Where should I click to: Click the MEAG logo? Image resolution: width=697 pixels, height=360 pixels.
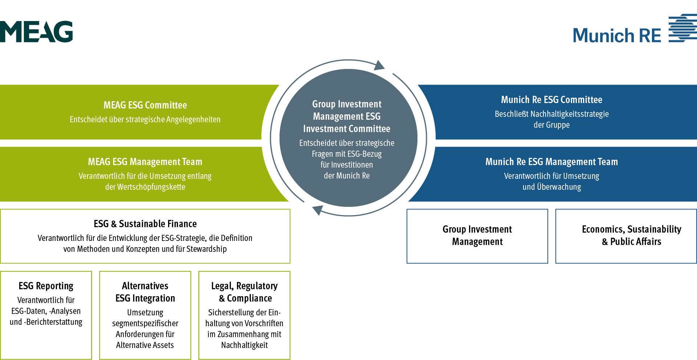coord(36,32)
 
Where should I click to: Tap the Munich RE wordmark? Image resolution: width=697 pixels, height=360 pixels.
coord(617,36)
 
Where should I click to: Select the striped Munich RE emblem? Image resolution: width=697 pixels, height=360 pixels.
coord(682,28)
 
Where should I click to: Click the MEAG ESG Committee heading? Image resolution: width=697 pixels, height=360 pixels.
coord(145,105)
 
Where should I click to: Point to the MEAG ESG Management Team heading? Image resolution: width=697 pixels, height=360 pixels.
coord(145,162)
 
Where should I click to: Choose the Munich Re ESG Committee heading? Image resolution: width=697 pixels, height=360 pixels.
coord(551,100)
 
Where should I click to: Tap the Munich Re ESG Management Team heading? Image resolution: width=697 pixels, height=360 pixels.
coord(551,162)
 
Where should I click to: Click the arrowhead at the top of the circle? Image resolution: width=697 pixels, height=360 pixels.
coord(379,66)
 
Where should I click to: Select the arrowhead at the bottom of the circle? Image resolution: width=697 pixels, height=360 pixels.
coord(318,210)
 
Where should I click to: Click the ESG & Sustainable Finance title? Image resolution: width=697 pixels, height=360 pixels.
coord(145,224)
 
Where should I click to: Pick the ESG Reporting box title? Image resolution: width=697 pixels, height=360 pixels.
coord(46,286)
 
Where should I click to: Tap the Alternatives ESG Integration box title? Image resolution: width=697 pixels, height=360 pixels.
coord(145,292)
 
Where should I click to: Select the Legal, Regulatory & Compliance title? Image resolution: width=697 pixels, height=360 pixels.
coord(245,292)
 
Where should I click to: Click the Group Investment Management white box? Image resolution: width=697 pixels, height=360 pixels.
coord(477,236)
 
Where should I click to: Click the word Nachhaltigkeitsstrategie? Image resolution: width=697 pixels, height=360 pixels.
coord(570,114)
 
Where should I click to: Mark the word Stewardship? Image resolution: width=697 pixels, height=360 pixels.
coord(207,249)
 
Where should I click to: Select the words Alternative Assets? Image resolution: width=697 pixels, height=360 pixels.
coord(145,345)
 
